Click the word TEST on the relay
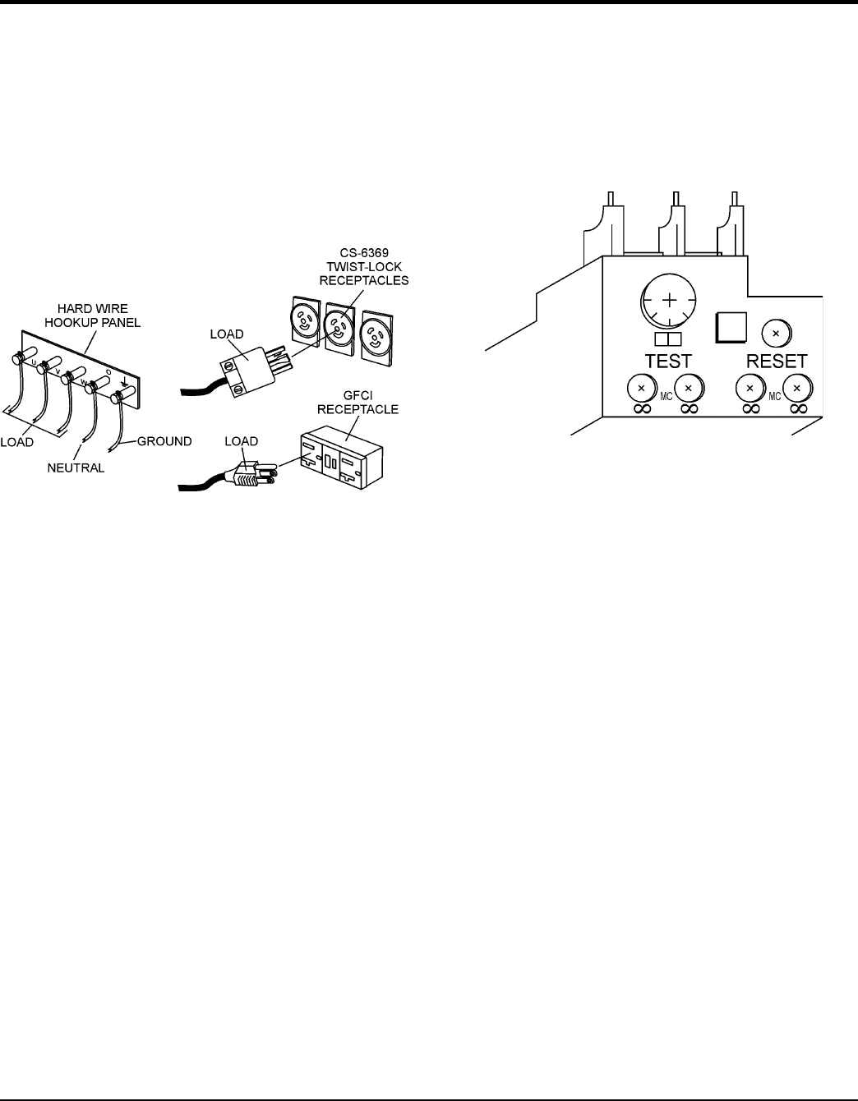[x=668, y=361]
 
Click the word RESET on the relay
[x=776, y=361]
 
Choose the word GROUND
[x=164, y=441]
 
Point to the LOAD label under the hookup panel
[x=16, y=442]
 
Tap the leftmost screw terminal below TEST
[x=641, y=386]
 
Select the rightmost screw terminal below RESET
[x=796, y=386]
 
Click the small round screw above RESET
[x=776, y=332]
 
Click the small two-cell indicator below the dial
[x=669, y=339]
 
